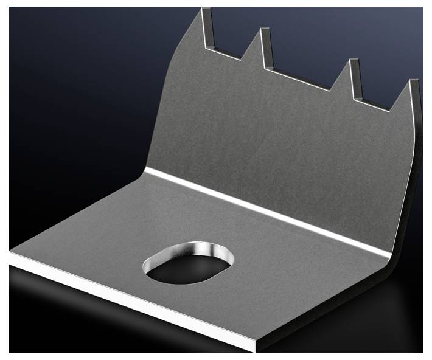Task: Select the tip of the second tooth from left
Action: (263, 30)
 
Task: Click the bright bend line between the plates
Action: (268, 210)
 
